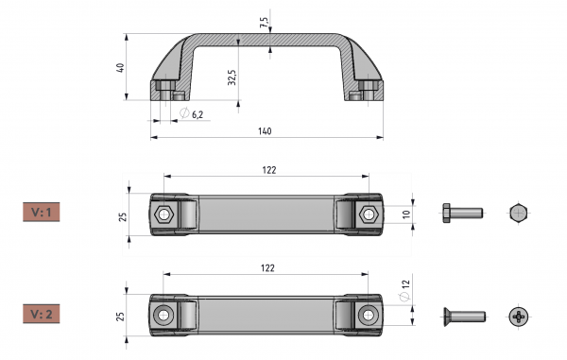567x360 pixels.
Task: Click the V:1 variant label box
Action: coord(42,212)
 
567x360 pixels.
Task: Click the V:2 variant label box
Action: coord(42,314)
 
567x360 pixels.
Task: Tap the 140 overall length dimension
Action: coord(265,130)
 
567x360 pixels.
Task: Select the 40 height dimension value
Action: coord(120,68)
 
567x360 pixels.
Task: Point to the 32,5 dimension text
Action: coord(232,77)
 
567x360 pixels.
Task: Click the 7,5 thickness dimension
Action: coord(264,23)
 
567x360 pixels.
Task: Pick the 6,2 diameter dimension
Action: coord(192,113)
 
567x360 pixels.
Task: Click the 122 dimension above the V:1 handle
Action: coord(269,170)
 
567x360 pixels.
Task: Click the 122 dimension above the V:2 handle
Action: coord(267,268)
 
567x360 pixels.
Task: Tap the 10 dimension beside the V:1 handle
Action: coord(406,214)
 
